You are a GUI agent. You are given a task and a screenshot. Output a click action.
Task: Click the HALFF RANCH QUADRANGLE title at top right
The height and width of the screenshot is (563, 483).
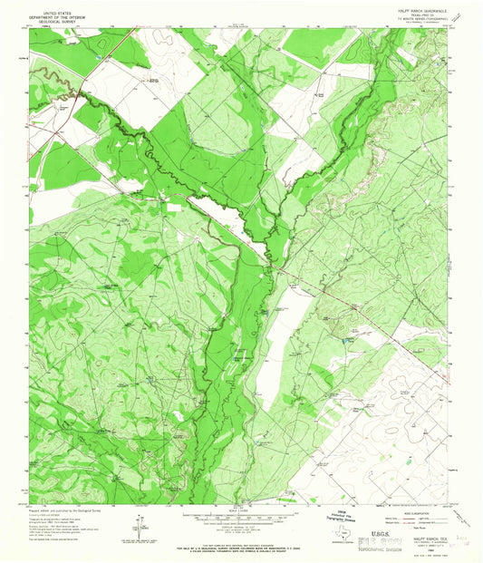(412, 7)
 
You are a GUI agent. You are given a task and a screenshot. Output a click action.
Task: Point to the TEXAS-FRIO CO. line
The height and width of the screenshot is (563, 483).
(412, 12)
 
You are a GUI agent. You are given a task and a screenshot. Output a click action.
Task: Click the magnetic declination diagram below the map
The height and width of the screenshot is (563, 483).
(136, 522)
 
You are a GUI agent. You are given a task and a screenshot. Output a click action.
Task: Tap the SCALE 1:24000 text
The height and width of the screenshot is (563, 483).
(241, 508)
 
